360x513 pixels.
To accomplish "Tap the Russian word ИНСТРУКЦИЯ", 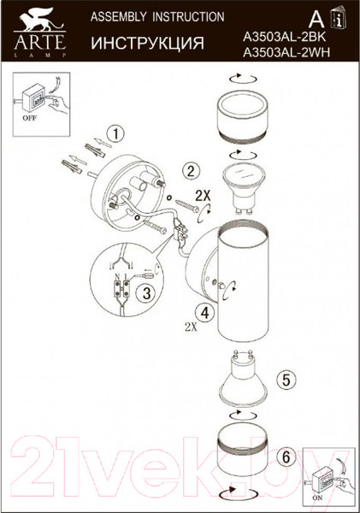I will (146, 43).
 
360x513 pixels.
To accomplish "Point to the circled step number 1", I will (118, 133).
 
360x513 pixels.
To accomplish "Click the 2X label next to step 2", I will (203, 195).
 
